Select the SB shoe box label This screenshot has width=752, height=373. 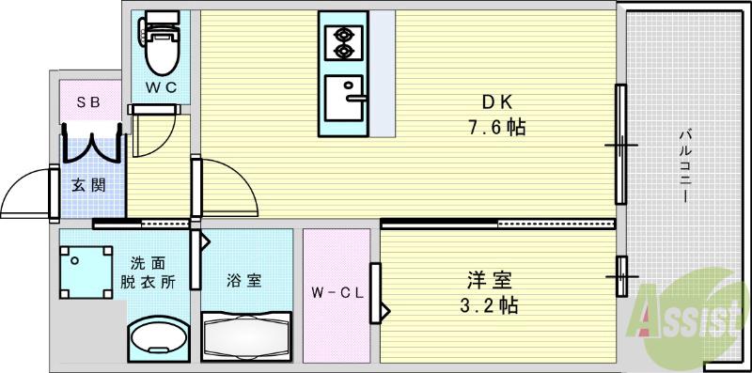[89, 100]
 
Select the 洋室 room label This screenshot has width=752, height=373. [492, 279]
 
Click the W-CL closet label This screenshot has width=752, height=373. [337, 291]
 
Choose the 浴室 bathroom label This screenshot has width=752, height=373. [243, 279]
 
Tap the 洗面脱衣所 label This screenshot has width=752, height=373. [148, 272]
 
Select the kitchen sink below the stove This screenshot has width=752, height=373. [343, 100]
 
